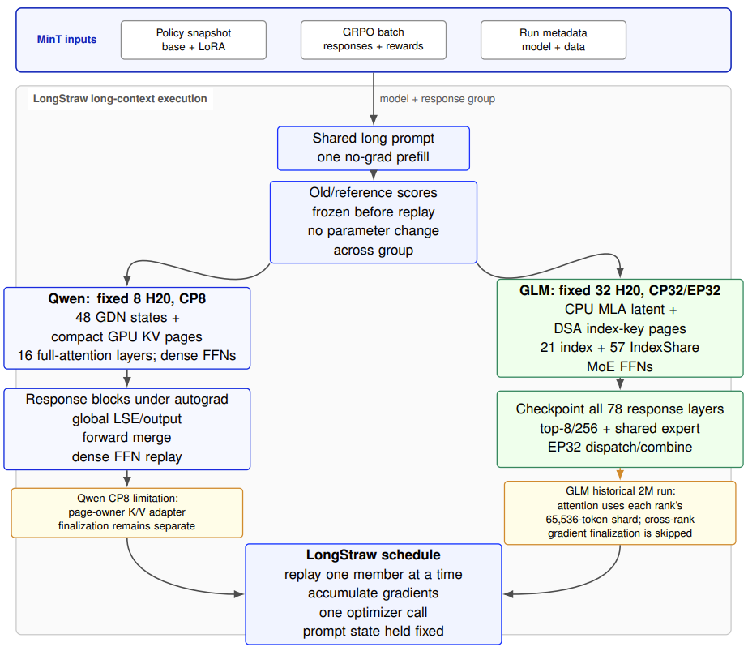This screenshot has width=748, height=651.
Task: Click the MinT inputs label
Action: [66, 40]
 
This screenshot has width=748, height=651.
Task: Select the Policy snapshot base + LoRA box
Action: [193, 40]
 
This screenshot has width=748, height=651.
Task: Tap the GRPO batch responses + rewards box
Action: [373, 40]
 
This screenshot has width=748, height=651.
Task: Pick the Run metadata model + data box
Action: [554, 40]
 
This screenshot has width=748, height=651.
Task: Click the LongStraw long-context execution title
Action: [120, 99]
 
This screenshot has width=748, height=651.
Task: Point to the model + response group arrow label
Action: [438, 99]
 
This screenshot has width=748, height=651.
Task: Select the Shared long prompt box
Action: [374, 148]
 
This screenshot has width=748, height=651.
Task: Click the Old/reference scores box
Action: [374, 222]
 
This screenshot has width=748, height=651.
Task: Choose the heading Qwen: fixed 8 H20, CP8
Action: [127, 299]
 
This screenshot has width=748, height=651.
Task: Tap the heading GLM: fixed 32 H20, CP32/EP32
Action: [620, 291]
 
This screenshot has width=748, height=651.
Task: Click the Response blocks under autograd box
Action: [127, 429]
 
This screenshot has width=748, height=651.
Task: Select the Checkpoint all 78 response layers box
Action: [620, 429]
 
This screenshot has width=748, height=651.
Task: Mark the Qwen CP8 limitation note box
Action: [127, 512]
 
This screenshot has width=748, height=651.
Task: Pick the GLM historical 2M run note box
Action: [620, 512]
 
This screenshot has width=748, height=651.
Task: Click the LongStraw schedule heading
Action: [374, 555]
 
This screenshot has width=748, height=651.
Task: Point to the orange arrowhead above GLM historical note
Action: [620, 474]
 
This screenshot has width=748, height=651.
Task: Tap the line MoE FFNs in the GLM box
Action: [620, 366]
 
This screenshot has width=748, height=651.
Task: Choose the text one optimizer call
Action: [374, 612]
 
